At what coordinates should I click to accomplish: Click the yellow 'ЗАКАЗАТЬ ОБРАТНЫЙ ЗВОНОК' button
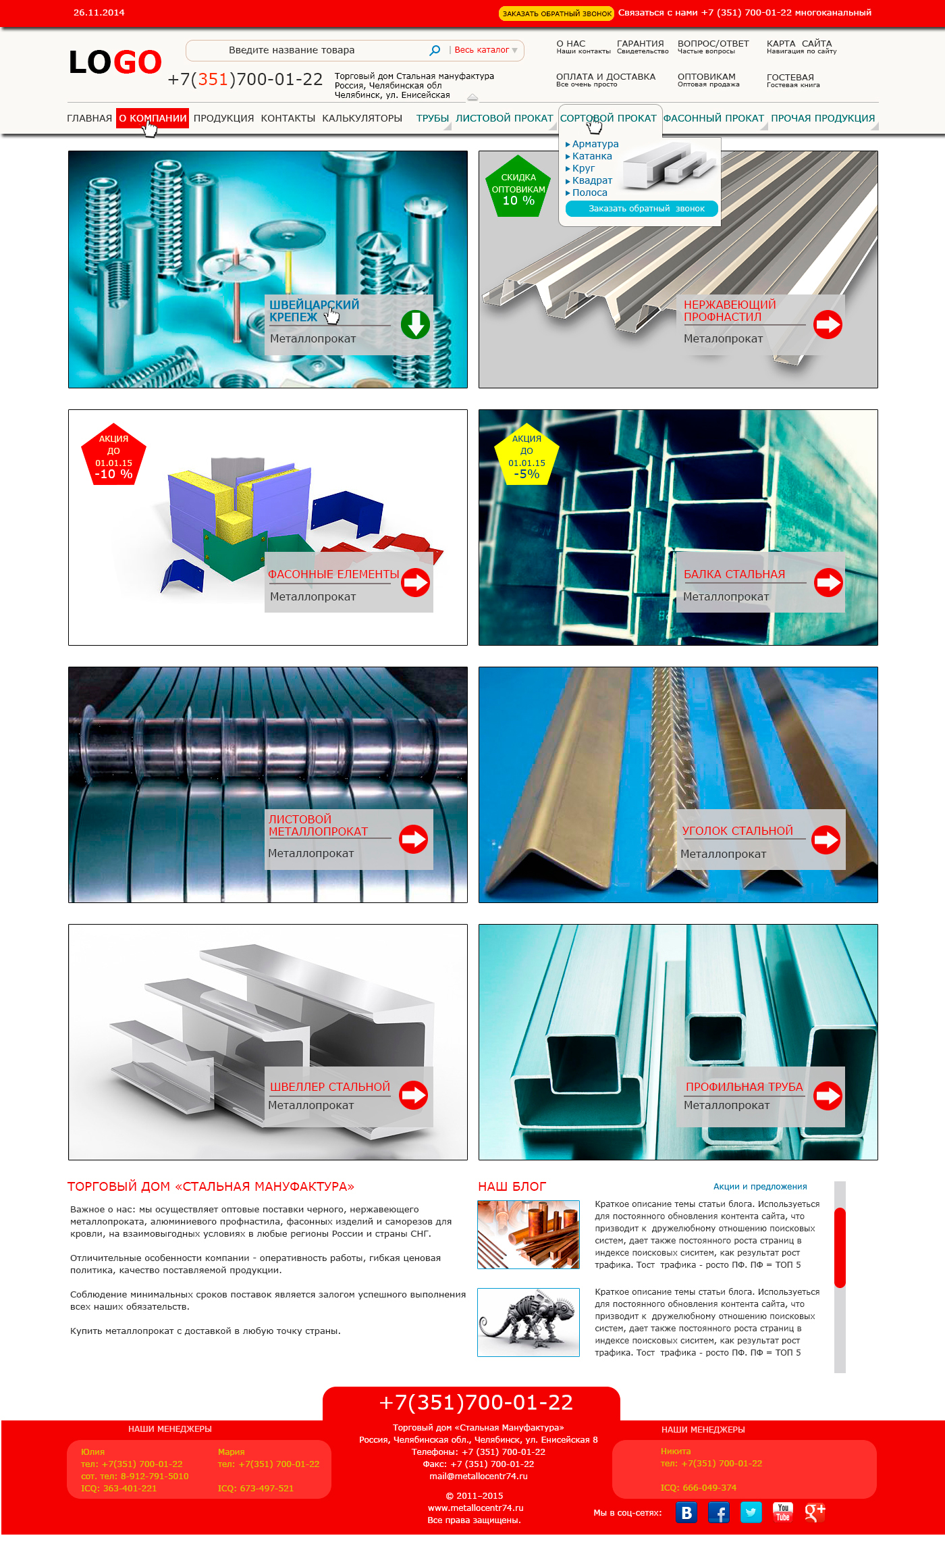pyautogui.click(x=557, y=13)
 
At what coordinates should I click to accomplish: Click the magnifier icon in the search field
pyautogui.click(x=435, y=50)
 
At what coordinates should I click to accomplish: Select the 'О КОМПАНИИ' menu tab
pyautogui.click(x=152, y=118)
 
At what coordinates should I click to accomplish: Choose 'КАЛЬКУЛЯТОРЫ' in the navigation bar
pyautogui.click(x=362, y=118)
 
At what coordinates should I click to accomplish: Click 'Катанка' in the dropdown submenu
pyautogui.click(x=592, y=156)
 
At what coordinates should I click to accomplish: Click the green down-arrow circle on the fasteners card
pyautogui.click(x=415, y=325)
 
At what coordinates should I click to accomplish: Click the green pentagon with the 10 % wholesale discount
pyautogui.click(x=518, y=187)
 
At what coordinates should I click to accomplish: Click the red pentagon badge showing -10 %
pyautogui.click(x=113, y=456)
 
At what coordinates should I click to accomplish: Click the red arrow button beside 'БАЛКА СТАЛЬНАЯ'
pyautogui.click(x=828, y=582)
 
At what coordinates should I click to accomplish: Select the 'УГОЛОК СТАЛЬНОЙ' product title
pyautogui.click(x=737, y=831)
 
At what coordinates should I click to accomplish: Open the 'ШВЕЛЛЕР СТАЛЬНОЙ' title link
pyautogui.click(x=330, y=1087)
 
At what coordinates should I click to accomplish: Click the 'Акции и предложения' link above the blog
pyautogui.click(x=760, y=1186)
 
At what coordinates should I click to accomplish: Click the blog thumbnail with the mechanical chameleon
pyautogui.click(x=529, y=1322)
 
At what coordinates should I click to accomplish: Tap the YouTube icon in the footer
pyautogui.click(x=783, y=1512)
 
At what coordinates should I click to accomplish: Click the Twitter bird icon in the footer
pyautogui.click(x=751, y=1512)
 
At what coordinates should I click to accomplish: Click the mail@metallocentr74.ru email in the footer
pyautogui.click(x=479, y=1476)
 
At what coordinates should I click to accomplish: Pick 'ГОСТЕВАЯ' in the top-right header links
pyautogui.click(x=790, y=77)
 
